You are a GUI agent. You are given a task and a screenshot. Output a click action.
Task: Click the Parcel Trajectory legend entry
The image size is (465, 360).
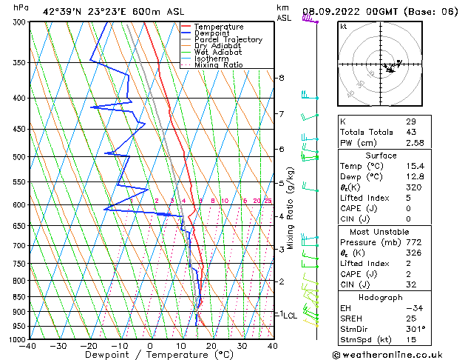(x=228, y=39)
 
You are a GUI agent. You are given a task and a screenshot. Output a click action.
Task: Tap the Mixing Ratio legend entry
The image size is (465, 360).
(x=219, y=65)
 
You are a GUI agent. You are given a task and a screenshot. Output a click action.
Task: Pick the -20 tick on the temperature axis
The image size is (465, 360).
(x=89, y=345)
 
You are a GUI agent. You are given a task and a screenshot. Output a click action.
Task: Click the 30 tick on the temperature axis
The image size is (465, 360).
(x=242, y=345)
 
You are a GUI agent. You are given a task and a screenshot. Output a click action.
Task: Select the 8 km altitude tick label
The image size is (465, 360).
(x=281, y=78)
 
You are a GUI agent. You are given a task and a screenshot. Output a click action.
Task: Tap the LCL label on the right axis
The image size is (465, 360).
(x=290, y=316)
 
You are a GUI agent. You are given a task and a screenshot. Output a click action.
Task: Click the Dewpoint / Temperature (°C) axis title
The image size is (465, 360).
(x=150, y=355)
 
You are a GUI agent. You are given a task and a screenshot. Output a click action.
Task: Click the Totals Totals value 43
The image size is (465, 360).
(x=411, y=132)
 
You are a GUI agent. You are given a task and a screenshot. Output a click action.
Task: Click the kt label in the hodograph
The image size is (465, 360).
(x=343, y=26)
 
